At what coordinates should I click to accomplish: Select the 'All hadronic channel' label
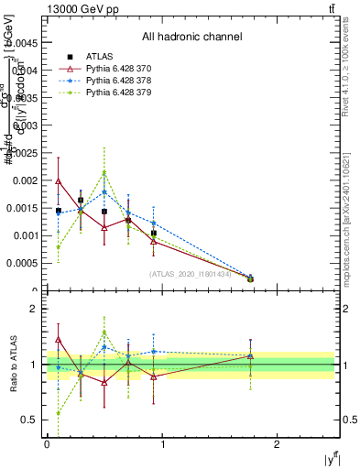(x=191, y=37)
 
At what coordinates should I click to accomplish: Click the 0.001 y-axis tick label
(x=27, y=235)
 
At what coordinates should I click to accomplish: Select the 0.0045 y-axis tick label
(x=25, y=42)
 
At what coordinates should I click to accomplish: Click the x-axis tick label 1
(x=163, y=444)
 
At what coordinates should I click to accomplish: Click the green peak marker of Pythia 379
(x=104, y=172)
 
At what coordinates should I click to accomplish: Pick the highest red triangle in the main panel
(x=58, y=181)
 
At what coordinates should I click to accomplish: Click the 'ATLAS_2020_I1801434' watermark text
(x=191, y=274)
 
